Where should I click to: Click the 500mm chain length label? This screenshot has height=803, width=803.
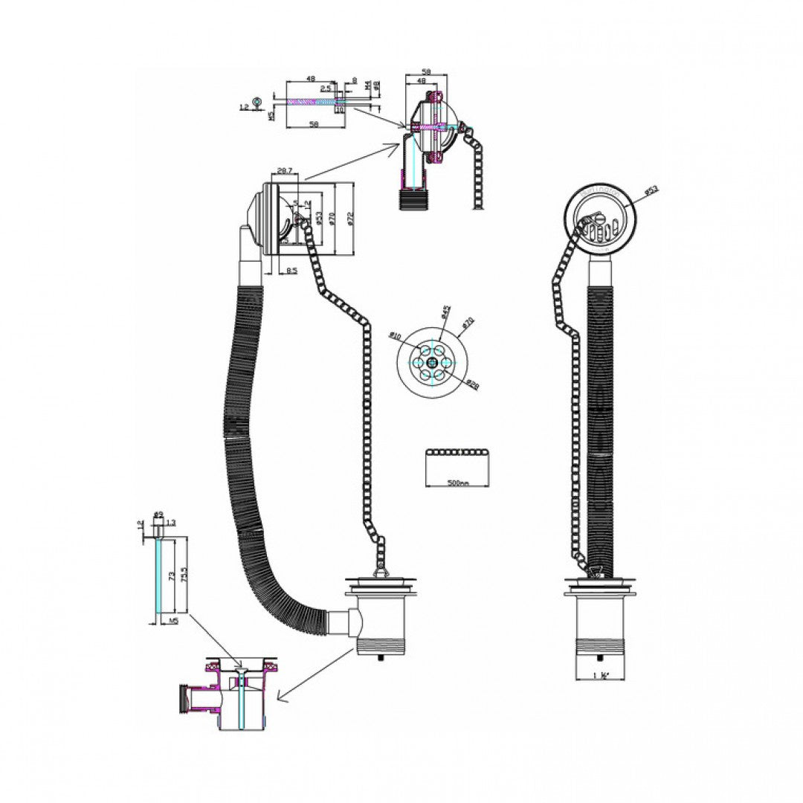[x=459, y=483]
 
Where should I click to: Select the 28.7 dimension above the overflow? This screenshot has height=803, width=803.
[x=283, y=171]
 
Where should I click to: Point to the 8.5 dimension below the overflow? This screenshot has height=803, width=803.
[x=291, y=271]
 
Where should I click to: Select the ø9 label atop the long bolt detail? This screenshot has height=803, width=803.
[x=158, y=515]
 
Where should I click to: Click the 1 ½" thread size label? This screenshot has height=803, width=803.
[x=603, y=674]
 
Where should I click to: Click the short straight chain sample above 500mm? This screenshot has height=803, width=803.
[x=458, y=452]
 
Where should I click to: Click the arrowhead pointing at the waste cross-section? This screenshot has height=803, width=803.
[x=280, y=697]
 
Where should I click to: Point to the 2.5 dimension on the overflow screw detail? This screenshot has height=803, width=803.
[x=326, y=88]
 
